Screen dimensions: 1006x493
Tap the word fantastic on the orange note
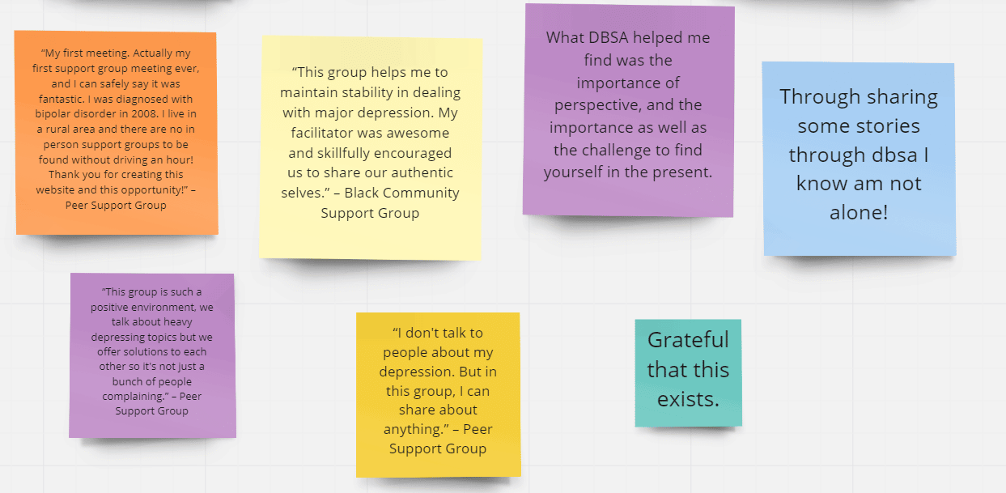[61, 99]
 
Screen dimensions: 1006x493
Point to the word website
[55, 189]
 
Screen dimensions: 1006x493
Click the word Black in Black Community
[362, 193]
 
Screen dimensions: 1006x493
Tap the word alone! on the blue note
[859, 212]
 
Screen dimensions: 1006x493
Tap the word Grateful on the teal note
[688, 340]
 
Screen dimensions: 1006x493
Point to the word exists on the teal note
[688, 399]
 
